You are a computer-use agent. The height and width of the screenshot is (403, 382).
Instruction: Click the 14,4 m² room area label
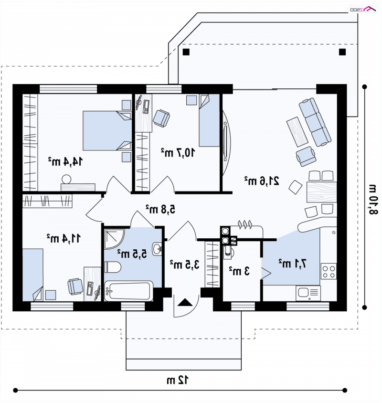[x=65, y=161]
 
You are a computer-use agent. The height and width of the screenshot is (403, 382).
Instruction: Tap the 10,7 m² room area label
[x=178, y=152]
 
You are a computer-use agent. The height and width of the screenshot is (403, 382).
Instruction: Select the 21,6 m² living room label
[x=262, y=181]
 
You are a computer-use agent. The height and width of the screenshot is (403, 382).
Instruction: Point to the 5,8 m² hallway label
[x=160, y=209]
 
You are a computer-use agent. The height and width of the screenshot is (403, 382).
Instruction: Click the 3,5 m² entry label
[x=185, y=264]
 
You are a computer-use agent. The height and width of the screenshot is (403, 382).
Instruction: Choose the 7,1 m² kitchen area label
[x=293, y=263]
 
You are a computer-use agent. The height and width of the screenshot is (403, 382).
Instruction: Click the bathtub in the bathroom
[x=129, y=291]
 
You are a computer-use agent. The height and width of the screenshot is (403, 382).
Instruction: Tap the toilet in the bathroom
[x=113, y=267]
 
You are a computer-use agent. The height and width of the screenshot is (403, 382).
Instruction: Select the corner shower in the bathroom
[x=114, y=239]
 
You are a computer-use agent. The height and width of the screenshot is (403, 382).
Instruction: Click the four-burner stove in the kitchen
[x=329, y=271]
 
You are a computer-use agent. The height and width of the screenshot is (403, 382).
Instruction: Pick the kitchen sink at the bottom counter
[x=308, y=293]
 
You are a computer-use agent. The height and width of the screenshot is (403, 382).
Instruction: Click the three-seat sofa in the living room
[x=315, y=122]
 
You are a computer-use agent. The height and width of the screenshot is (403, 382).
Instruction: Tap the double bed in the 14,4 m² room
[x=107, y=130]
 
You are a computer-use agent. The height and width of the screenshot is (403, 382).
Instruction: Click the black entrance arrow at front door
[x=185, y=302]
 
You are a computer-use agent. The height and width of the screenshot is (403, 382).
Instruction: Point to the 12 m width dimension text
[x=178, y=380]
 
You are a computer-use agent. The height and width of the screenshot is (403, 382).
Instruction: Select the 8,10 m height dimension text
[x=373, y=199]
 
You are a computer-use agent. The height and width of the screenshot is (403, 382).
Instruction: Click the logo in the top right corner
[x=363, y=9]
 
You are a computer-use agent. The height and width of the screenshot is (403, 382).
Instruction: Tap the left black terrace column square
[x=186, y=52]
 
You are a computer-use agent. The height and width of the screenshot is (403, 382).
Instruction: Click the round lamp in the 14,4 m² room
[x=66, y=179]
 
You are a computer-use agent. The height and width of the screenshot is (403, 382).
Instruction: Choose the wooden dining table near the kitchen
[x=321, y=192]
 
